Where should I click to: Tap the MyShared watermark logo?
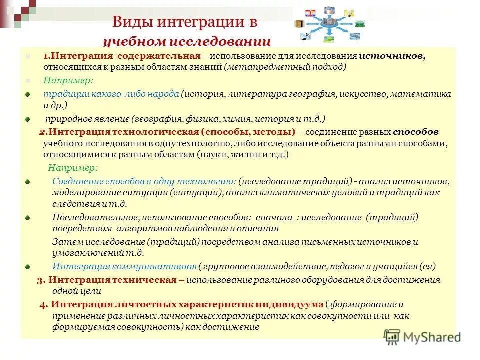[x=422, y=336]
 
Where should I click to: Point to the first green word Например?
[x=61, y=80]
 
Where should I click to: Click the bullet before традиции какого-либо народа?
[x=28, y=94]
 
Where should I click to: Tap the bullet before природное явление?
[x=28, y=119]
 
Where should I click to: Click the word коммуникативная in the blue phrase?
[x=150, y=266]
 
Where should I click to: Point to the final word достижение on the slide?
[x=237, y=327]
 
